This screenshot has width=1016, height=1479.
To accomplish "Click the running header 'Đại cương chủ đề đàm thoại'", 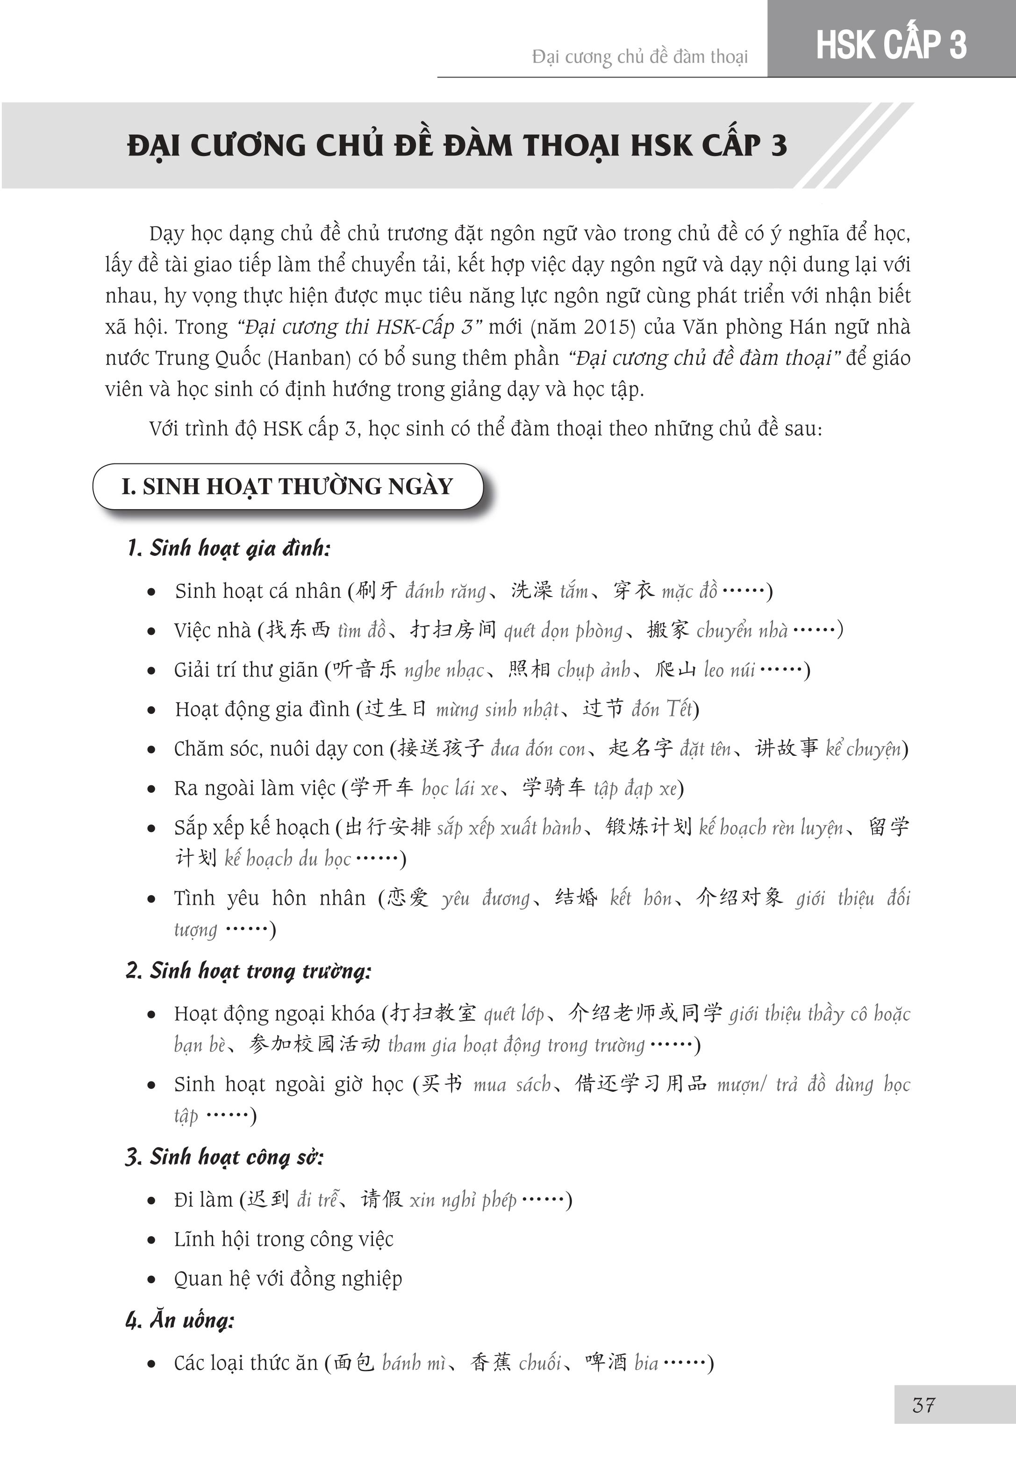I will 640,57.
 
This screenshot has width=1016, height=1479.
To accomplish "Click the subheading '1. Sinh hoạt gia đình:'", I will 229,548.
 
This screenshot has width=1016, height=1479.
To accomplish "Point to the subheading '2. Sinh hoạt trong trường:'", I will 248,971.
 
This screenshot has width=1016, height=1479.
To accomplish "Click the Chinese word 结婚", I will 577,898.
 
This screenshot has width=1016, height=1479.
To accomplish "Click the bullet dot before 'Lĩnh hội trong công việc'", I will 151,1240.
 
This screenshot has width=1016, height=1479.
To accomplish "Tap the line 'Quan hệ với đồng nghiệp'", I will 288,1279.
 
